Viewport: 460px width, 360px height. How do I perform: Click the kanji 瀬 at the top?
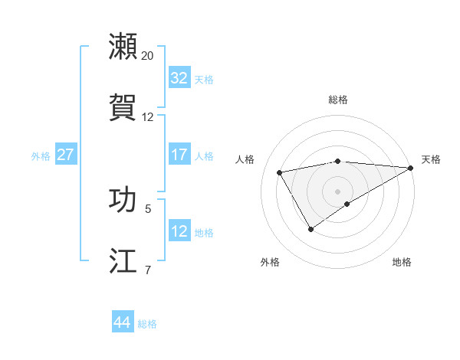(x=123, y=47)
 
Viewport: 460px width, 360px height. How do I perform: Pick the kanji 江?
(x=123, y=260)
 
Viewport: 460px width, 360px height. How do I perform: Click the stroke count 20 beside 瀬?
(x=148, y=56)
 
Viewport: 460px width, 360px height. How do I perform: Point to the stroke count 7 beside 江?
(x=148, y=270)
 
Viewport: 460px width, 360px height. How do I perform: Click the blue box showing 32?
(x=179, y=78)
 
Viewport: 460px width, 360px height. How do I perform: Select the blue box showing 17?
(x=179, y=155)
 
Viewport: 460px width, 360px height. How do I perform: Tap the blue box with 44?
(x=123, y=322)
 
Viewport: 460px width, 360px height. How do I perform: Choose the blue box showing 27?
(x=65, y=155)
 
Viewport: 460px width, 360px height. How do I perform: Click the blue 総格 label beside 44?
(x=147, y=324)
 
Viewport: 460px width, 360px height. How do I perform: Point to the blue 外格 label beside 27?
(x=41, y=156)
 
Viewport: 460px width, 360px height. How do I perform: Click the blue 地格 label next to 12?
(x=204, y=233)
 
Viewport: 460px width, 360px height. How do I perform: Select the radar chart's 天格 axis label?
(x=431, y=159)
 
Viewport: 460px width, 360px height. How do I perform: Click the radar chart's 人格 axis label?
(x=245, y=159)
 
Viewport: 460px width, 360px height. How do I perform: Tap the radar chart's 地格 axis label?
(x=402, y=262)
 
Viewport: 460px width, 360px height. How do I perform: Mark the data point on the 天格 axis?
(x=411, y=168)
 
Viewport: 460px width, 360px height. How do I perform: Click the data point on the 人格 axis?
(x=280, y=172)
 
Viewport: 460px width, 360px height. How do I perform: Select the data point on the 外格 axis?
(x=310, y=228)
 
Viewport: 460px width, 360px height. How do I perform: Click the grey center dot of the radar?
(x=338, y=191)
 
